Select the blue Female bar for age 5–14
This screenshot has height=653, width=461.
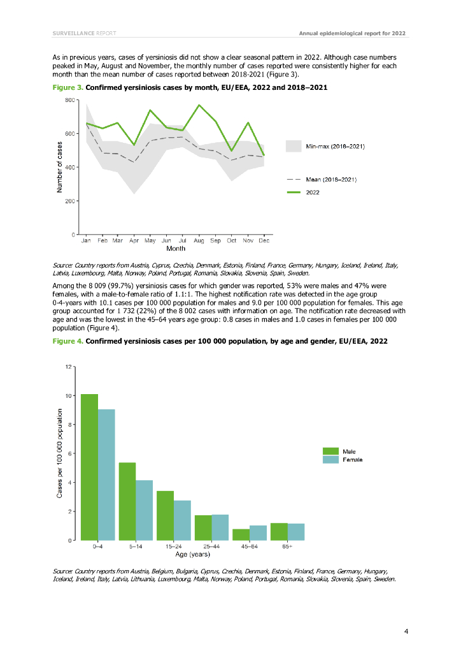(144, 510)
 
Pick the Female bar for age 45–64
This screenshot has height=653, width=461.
(258, 532)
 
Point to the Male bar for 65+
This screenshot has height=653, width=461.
(279, 531)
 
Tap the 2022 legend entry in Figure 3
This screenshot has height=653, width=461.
(315, 191)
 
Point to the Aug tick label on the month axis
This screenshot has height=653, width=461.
(199, 241)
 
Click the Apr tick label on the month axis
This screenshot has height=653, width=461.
(134, 241)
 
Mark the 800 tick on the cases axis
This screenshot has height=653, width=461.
(68, 100)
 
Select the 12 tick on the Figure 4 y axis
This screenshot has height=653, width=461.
(68, 367)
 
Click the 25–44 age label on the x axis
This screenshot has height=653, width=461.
(211, 547)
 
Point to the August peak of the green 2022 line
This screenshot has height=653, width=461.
(199, 105)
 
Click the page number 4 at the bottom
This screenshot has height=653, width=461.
(406, 631)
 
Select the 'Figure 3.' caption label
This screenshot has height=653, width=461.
(67, 86)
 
